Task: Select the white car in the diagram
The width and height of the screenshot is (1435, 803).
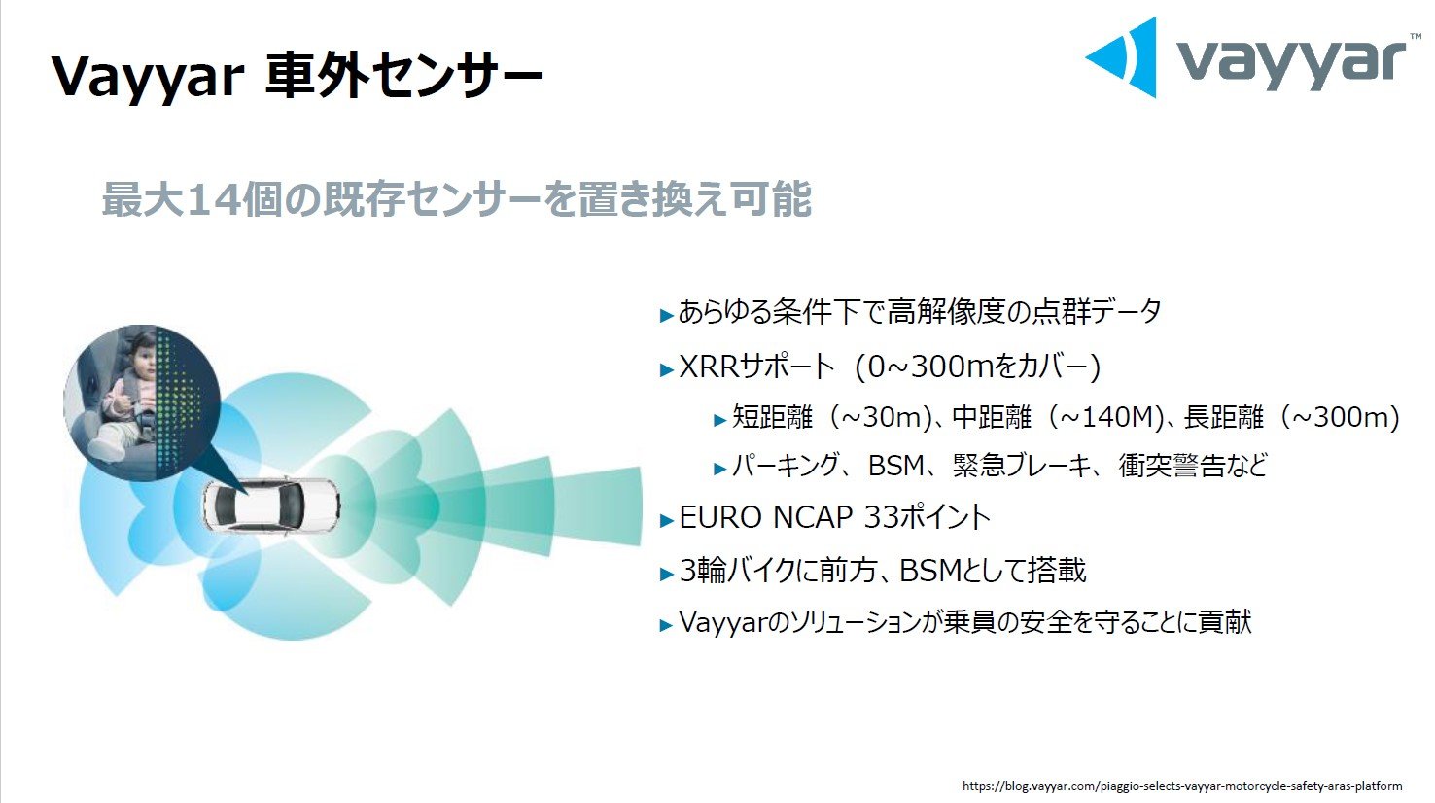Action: pyautogui.click(x=271, y=506)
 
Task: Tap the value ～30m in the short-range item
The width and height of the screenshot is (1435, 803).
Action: pyautogui.click(x=880, y=417)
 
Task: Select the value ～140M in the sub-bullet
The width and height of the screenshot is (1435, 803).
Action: pyautogui.click(x=1107, y=417)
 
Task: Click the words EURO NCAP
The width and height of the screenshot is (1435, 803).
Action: pyautogui.click(x=765, y=517)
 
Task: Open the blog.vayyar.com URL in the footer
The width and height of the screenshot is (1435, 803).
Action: pyautogui.click(x=1182, y=786)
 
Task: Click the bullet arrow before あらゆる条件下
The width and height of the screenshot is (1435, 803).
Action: pyautogui.click(x=666, y=315)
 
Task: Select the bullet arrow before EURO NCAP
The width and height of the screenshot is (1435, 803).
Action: pyautogui.click(x=666, y=520)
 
